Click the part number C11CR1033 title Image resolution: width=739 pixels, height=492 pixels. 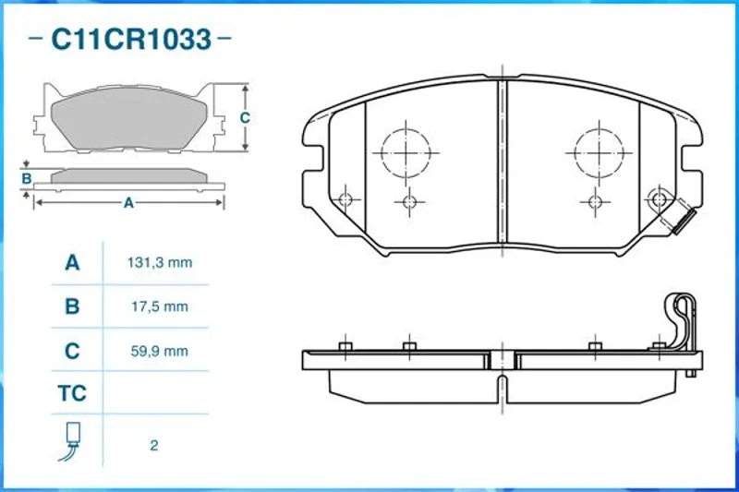[x=130, y=39]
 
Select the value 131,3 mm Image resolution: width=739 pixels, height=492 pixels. [x=159, y=262]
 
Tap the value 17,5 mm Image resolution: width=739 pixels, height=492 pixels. [x=159, y=306]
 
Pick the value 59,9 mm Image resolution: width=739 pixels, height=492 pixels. [x=159, y=351]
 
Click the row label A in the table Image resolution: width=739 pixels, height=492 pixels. [x=72, y=262]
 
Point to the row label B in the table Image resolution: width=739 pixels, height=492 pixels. [x=72, y=306]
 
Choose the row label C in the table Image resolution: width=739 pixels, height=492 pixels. [x=72, y=351]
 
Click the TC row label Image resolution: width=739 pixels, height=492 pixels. [x=72, y=393]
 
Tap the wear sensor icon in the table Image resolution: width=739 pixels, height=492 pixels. [x=70, y=441]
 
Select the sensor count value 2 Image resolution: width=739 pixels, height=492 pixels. [x=154, y=446]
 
